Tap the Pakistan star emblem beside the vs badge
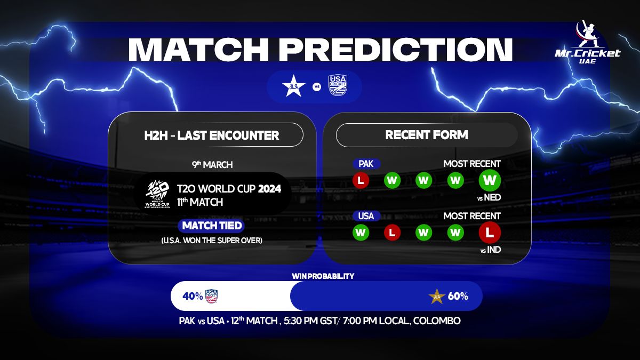click(x=294, y=86)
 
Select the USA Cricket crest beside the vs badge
click(x=338, y=85)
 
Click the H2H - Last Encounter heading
click(x=212, y=135)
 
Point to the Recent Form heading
click(x=427, y=135)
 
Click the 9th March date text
click(x=212, y=164)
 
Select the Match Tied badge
click(x=212, y=226)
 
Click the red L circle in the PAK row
click(x=361, y=180)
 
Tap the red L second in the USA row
click(x=393, y=233)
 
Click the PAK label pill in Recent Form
click(x=366, y=164)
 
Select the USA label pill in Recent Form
click(x=366, y=216)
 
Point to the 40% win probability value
click(x=193, y=296)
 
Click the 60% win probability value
click(x=458, y=296)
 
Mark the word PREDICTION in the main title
click(x=396, y=49)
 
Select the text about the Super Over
click(x=212, y=240)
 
